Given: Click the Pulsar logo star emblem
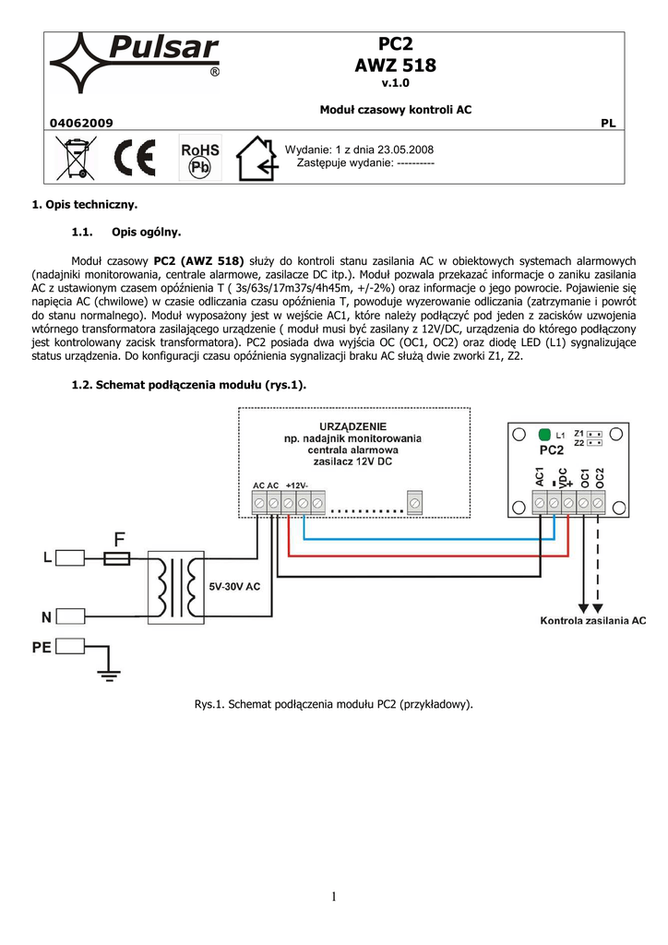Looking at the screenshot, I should click(81, 63).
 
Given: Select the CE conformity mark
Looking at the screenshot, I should click(134, 159).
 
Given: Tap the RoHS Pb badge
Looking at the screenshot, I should click(199, 159).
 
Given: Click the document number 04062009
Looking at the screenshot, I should click(81, 123).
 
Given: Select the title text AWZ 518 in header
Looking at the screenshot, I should click(395, 66).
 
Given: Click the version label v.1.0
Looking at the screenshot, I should click(395, 84).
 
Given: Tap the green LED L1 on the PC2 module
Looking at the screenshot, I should click(543, 434).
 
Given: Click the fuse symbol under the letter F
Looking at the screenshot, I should click(119, 557).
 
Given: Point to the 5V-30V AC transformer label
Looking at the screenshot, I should click(234, 585).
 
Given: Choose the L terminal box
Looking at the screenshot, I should click(77, 557).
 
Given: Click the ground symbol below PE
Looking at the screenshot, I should click(109, 676).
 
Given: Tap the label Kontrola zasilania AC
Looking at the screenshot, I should click(592, 622).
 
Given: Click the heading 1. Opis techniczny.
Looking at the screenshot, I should click(85, 203).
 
